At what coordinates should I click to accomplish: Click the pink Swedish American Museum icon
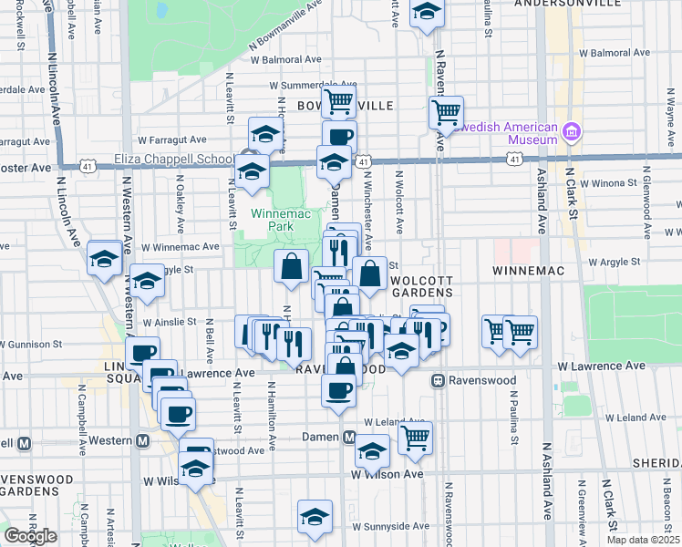click(573, 132)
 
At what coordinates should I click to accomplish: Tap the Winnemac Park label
click(273, 220)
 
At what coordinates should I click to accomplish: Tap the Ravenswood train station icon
click(438, 379)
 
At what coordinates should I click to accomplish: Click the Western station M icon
click(142, 441)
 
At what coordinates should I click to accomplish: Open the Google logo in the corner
click(30, 536)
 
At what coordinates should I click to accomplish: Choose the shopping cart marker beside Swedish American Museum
click(446, 112)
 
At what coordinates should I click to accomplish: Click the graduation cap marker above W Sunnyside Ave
click(315, 516)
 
